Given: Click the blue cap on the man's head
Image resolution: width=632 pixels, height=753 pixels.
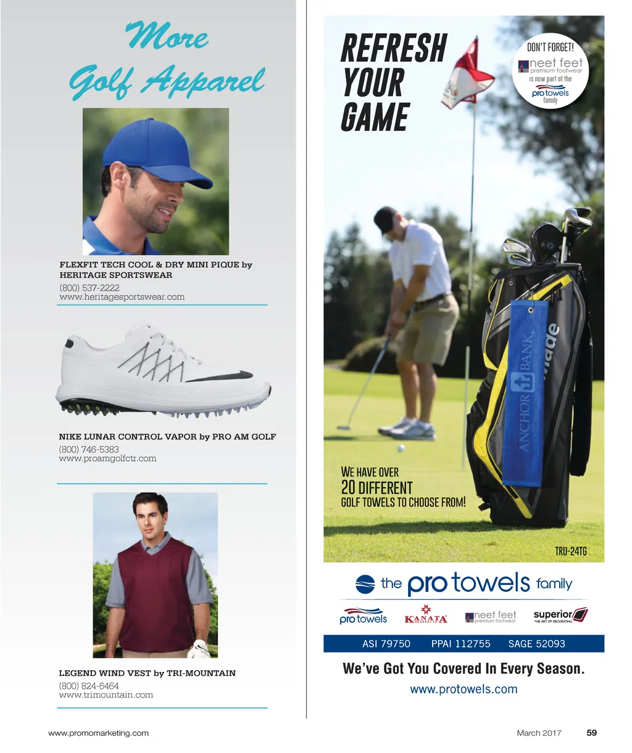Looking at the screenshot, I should tap(154, 154).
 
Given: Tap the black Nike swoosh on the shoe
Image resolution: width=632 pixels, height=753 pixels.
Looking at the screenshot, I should tap(222, 376).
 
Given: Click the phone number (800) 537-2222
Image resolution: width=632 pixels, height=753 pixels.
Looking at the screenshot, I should tap(89, 288).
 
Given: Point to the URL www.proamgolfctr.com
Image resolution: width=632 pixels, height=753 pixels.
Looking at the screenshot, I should tap(107, 459).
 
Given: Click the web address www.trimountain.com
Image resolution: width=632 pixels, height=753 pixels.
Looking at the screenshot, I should tap(106, 695).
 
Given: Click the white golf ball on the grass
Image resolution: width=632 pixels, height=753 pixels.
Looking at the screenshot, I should tap(401, 448).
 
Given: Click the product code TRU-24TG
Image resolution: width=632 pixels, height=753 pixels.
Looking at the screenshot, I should tap(570, 551).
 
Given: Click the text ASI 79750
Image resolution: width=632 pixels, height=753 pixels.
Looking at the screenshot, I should tap(386, 644).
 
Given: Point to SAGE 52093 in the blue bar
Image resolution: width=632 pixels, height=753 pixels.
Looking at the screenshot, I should tap(536, 644).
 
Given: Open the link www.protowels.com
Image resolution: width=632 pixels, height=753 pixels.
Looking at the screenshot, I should tap(464, 689).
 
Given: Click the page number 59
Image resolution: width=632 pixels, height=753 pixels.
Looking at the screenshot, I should tap(591, 733).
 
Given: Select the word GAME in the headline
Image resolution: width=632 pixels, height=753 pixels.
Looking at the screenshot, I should tap(375, 118).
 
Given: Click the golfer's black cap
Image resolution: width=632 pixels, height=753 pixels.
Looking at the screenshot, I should tap(386, 218).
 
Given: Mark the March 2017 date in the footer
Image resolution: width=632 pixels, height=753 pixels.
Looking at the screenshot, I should tap(539, 733).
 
